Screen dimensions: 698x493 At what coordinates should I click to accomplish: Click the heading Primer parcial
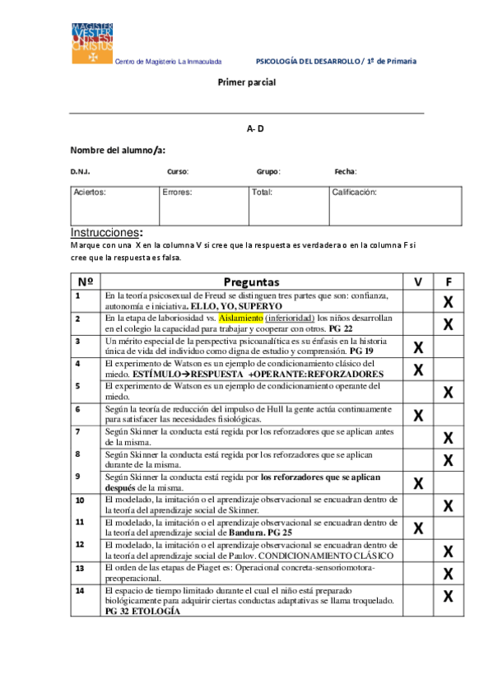coord(246,82)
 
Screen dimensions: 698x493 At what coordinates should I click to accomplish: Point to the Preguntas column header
coord(251,282)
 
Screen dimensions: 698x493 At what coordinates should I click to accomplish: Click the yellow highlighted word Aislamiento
coord(240,318)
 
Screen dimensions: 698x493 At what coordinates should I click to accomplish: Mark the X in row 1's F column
coord(449,301)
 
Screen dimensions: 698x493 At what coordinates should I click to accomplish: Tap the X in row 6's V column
coord(418,415)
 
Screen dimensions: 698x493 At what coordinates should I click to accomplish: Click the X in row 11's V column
coord(418,528)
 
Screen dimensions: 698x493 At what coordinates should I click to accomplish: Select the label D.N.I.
coord(80,171)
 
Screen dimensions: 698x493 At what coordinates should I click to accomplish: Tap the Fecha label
coord(345,171)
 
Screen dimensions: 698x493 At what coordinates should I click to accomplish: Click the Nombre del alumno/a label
coord(118,150)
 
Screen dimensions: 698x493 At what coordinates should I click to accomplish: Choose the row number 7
coord(77,431)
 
